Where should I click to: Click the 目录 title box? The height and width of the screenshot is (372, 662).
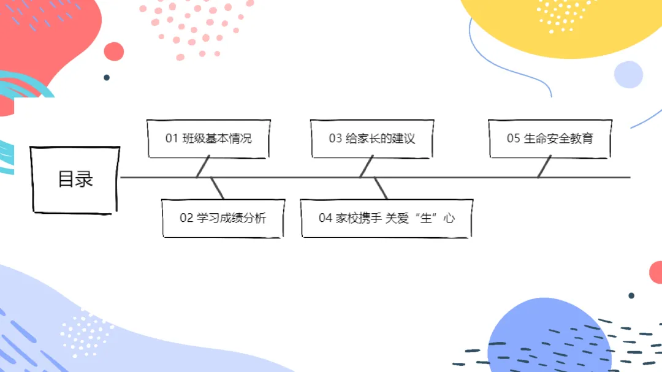pos(75,180)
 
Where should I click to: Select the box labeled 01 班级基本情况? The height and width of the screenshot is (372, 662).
pos(208,139)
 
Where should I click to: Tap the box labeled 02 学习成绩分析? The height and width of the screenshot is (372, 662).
pos(223,218)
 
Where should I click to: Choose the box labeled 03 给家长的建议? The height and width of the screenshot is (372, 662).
pos(371,139)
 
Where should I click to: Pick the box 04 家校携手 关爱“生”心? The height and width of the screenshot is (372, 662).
pos(386,218)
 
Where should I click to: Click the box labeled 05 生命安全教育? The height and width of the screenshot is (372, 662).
pos(550,139)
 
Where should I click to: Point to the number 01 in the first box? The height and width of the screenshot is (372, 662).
pos(172,139)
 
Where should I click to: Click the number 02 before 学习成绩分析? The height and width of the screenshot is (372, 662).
pos(186,218)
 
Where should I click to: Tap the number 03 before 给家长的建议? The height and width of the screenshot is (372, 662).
pos(335,139)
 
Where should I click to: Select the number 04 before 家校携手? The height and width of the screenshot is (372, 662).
pos(325,218)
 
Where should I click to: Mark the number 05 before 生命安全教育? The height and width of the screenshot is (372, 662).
pos(513,139)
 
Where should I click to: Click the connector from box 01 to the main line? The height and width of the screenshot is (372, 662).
pos(204,167)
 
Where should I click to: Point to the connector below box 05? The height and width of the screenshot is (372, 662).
pos(544,167)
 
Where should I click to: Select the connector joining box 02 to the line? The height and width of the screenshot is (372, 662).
pos(217,188)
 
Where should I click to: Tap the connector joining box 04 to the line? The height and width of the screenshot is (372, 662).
pos(381,188)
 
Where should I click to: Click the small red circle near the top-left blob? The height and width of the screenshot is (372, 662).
pos(113,51)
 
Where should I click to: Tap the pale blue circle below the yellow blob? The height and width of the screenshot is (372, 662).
pos(628,75)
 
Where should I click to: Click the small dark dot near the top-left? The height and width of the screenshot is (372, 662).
pos(107,78)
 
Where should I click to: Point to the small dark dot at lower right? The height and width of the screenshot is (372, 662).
pos(631,295)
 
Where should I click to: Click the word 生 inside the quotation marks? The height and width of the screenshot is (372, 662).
pos(425,218)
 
